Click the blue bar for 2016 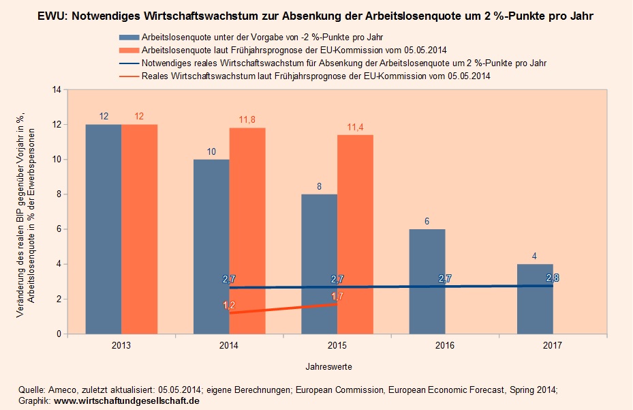[x=427, y=281]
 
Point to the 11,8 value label [x=247, y=120]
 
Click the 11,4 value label [x=355, y=127]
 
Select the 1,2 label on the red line [x=229, y=305]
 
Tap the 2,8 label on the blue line [x=553, y=278]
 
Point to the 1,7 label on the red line [x=337, y=296]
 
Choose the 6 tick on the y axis [x=59, y=229]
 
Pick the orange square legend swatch [x=127, y=49]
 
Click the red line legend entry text [x=316, y=76]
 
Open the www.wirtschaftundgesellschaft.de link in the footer [x=126, y=401]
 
